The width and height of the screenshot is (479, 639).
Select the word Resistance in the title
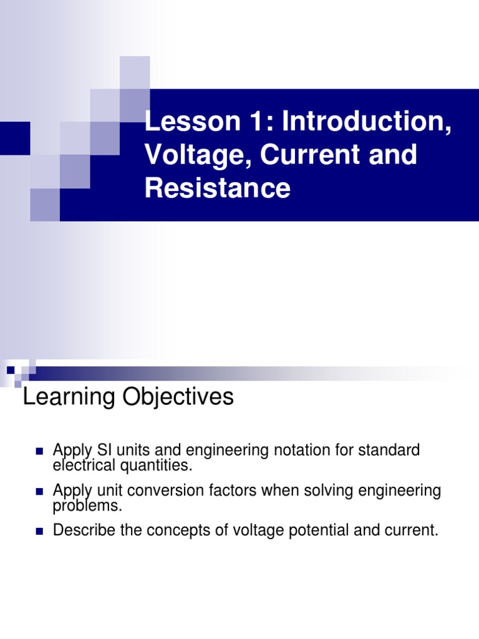click(x=218, y=188)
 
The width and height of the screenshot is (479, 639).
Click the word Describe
click(x=83, y=531)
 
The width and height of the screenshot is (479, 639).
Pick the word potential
click(x=311, y=531)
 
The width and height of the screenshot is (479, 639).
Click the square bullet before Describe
click(x=39, y=532)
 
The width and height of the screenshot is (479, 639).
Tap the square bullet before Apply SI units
click(x=39, y=451)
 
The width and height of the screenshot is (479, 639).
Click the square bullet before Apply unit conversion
click(x=39, y=491)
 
